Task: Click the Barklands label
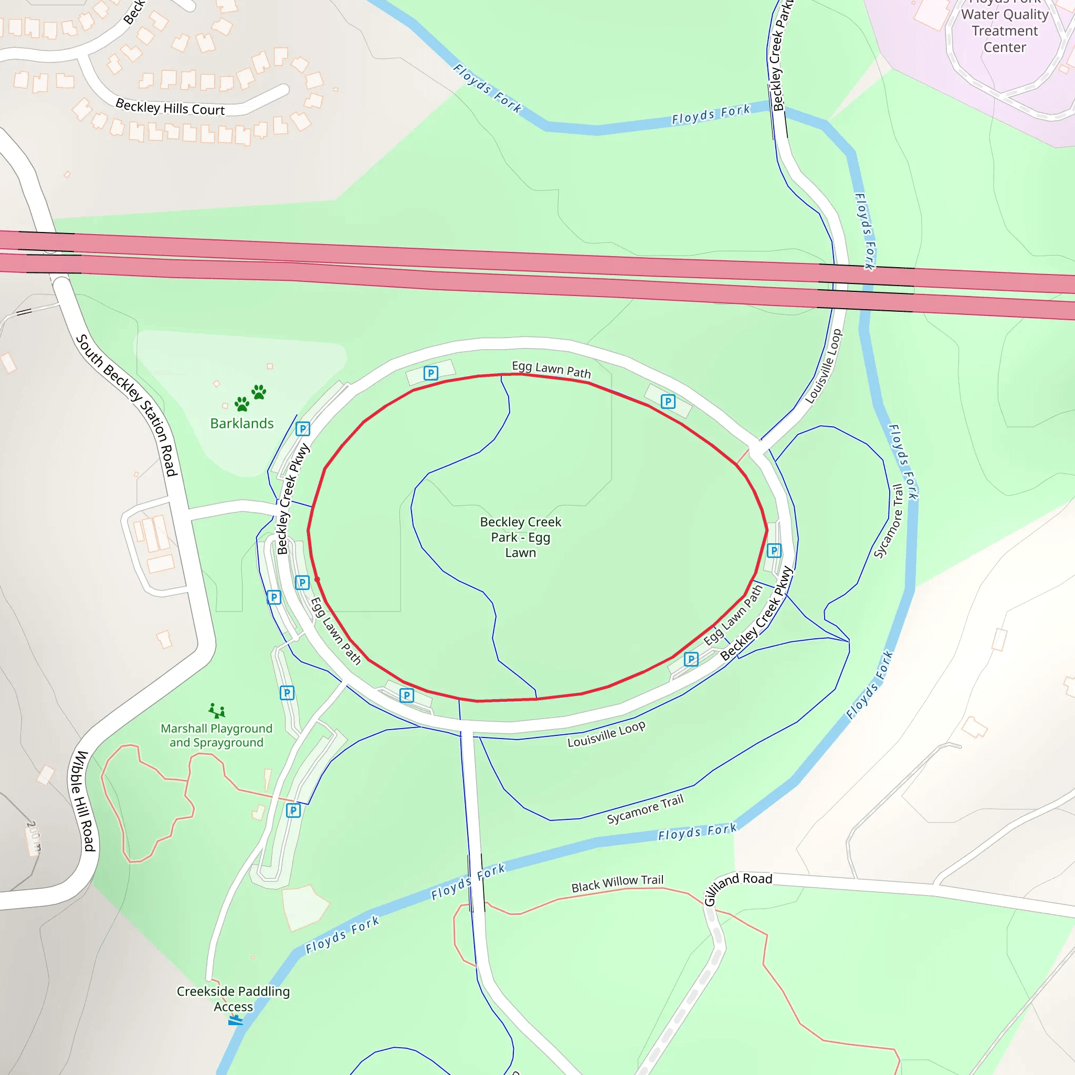click(241, 424)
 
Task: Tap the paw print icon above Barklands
click(250, 397)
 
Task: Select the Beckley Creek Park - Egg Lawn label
click(520, 537)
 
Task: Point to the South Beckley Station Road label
click(127, 405)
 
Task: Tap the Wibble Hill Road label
click(82, 800)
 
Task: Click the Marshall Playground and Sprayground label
click(216, 735)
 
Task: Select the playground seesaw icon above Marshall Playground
click(217, 711)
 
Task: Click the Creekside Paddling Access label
click(233, 998)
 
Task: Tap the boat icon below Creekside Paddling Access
click(235, 1020)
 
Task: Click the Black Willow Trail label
click(617, 883)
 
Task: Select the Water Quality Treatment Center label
click(1004, 30)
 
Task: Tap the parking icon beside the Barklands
click(303, 429)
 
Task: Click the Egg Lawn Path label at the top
click(551, 370)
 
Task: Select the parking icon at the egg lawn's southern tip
click(407, 695)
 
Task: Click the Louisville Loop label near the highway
click(824, 366)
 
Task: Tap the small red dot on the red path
click(317, 579)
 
